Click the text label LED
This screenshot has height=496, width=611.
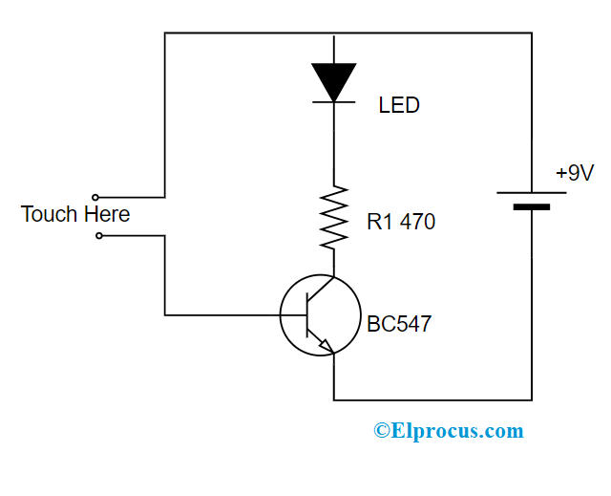point(399,105)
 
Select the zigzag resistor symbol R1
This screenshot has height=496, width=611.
point(334,217)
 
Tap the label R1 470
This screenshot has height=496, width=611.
point(401,223)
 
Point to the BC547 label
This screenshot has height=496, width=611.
point(399,324)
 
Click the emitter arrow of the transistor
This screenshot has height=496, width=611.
point(326,347)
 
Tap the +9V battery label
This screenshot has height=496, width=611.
point(575,173)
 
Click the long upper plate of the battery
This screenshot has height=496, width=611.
point(532,192)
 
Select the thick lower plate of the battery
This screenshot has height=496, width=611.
point(532,206)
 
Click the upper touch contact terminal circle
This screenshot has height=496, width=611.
point(95,197)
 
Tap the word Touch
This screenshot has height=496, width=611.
point(49,214)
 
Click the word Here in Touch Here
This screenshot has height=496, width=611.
point(106,214)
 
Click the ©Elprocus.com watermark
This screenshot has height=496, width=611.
point(448,431)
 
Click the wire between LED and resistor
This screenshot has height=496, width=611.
point(334,143)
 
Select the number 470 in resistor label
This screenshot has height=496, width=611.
point(417,223)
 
